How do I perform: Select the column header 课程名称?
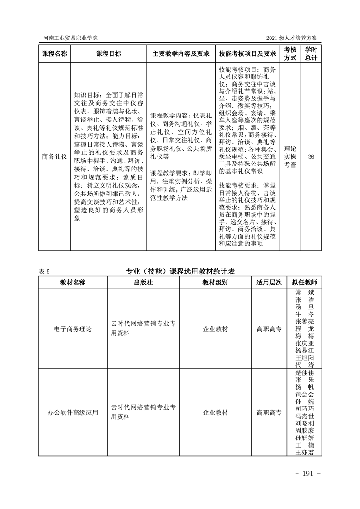[x=54, y=54]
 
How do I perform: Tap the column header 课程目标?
[x=108, y=54]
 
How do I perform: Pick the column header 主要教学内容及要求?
[x=181, y=54]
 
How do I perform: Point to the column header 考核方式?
[x=290, y=54]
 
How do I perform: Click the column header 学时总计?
[x=311, y=54]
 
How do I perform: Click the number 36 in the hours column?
[x=311, y=157]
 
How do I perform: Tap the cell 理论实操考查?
[x=290, y=157]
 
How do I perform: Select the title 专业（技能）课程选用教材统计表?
[x=180, y=272]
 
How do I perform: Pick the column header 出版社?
[x=143, y=282]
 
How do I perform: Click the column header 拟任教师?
[x=305, y=282]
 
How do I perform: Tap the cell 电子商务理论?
[x=73, y=328]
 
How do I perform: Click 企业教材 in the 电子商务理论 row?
[x=215, y=328]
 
